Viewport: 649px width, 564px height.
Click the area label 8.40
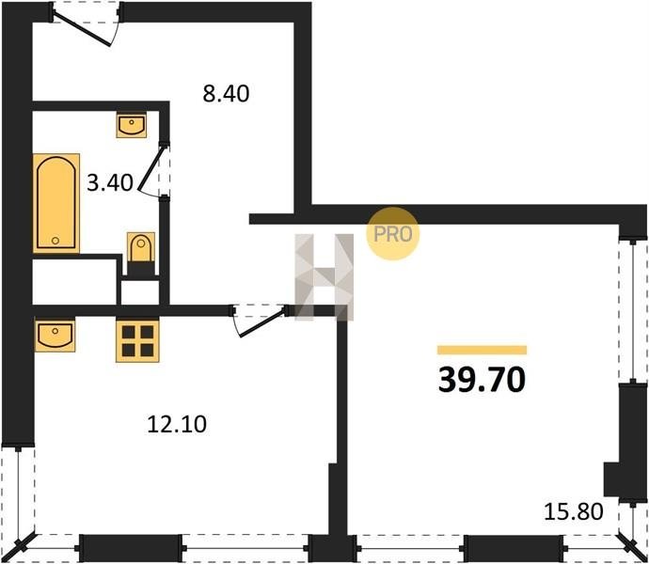click(226, 93)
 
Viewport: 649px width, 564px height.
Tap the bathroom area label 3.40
click(110, 182)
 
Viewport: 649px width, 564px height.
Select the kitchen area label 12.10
click(177, 424)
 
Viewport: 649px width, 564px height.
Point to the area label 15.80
click(573, 511)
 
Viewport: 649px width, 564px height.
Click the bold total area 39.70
click(482, 380)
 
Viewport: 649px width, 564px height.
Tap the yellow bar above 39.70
click(482, 350)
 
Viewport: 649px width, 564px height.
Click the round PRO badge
click(392, 234)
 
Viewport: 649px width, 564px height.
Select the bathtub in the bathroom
click(56, 203)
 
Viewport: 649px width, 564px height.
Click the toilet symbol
click(141, 247)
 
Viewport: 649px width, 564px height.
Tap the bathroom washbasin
click(132, 125)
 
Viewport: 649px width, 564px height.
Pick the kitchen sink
click(55, 336)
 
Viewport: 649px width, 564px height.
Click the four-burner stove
click(138, 341)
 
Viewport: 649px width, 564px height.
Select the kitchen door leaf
click(261, 321)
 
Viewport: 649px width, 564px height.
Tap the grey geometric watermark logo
click(324, 276)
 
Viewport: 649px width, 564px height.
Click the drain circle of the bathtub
click(55, 241)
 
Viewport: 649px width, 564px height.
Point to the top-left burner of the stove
click(128, 332)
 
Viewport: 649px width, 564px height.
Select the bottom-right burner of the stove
click(148, 351)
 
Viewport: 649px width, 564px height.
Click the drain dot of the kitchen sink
click(55, 330)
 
